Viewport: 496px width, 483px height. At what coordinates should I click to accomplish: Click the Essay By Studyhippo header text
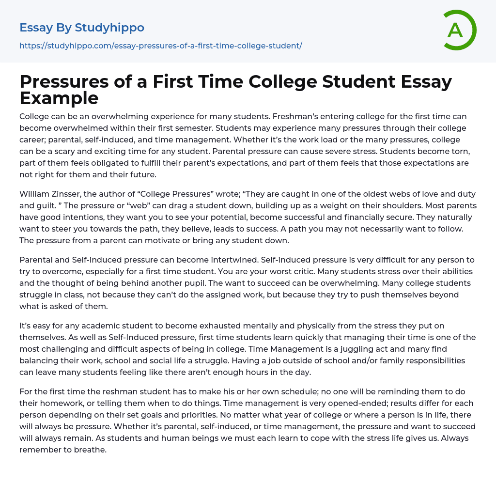(x=82, y=28)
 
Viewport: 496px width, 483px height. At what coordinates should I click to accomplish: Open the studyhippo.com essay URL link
(x=161, y=46)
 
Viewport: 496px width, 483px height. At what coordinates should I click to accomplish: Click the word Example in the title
(x=59, y=98)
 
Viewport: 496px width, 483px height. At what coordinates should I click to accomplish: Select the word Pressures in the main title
(x=73, y=82)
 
